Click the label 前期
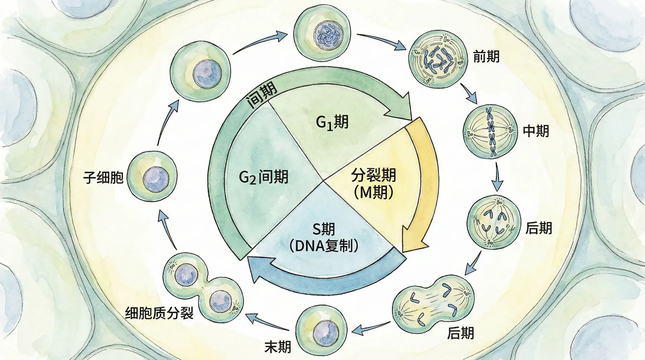pyautogui.click(x=486, y=56)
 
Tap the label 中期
pyautogui.click(x=536, y=131)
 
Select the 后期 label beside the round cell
pyautogui.click(x=539, y=228)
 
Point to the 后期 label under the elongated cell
pyautogui.click(x=460, y=333)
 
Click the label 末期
pyautogui.click(x=277, y=347)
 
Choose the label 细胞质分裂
pyautogui.click(x=159, y=313)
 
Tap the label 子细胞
pyautogui.click(x=103, y=177)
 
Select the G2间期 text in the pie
pyautogui.click(x=264, y=177)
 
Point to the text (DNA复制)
pyautogui.click(x=324, y=246)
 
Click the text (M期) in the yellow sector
pyautogui.click(x=373, y=192)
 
